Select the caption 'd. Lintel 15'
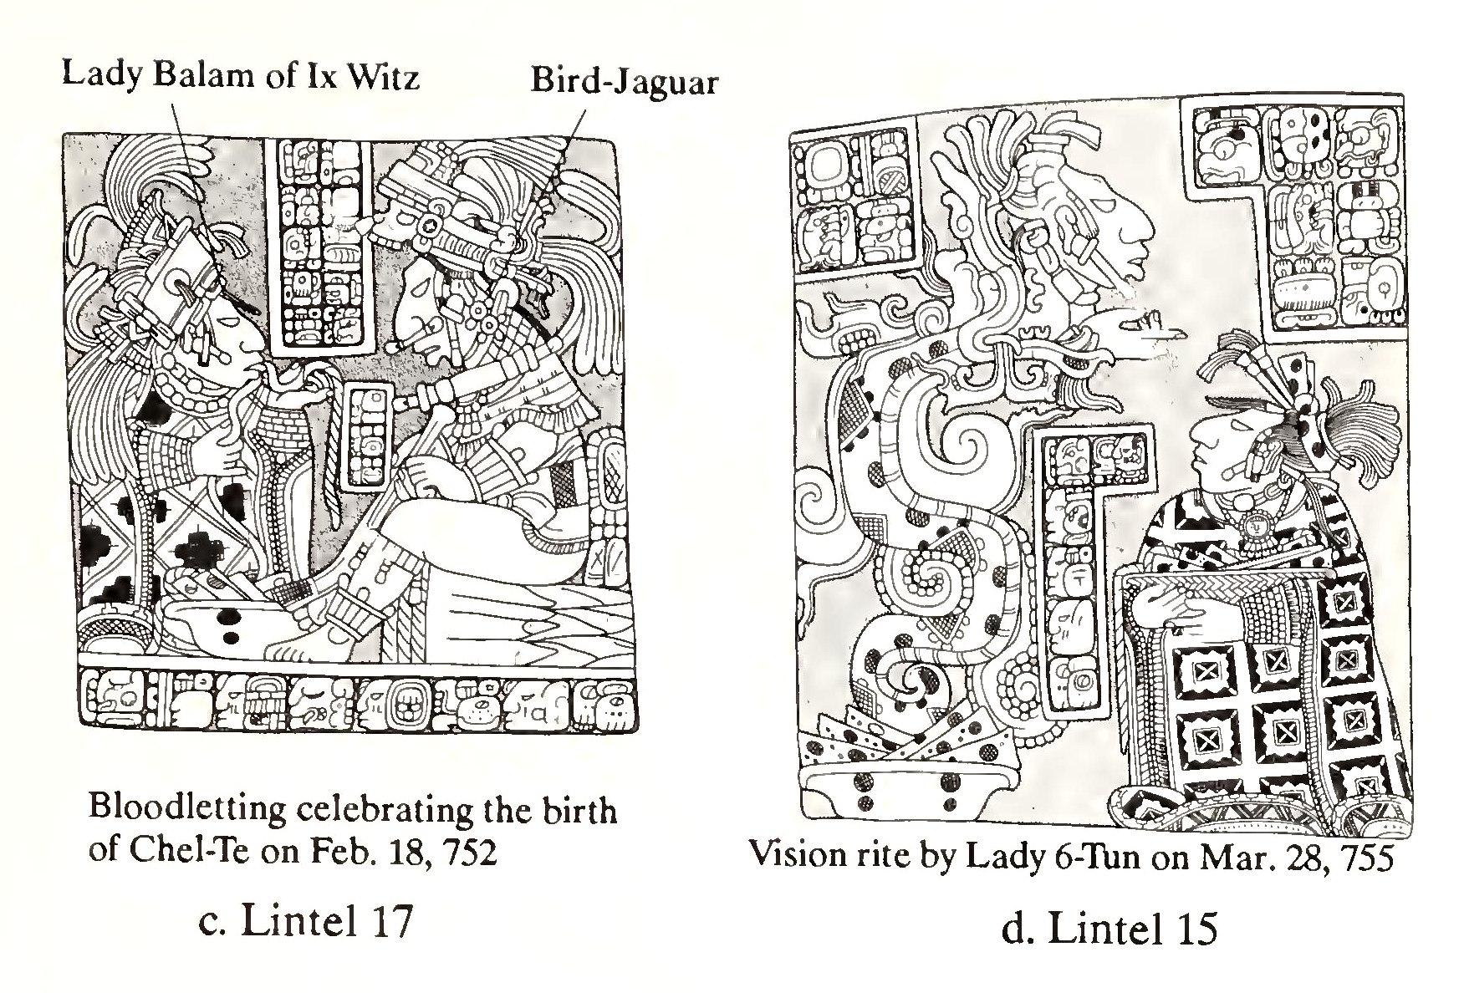(x=1109, y=929)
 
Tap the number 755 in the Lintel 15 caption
(x=1364, y=858)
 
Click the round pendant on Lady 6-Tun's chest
(x=1253, y=526)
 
